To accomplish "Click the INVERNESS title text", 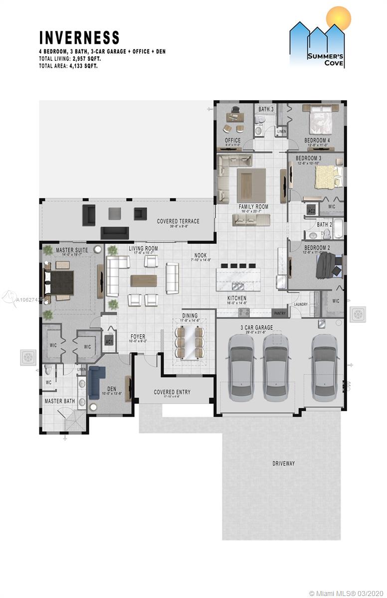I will pyautogui.click(x=79, y=38).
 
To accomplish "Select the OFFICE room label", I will pyautogui.click(x=232, y=141).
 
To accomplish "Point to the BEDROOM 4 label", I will pyautogui.click(x=317, y=141).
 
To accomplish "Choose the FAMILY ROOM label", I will pyautogui.click(x=253, y=206).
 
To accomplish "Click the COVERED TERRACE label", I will pyautogui.click(x=178, y=221).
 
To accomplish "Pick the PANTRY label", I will pyautogui.click(x=279, y=313).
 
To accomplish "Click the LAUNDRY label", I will pyautogui.click(x=301, y=304).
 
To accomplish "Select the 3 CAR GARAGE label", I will pyautogui.click(x=256, y=328).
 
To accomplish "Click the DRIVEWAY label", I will pyautogui.click(x=283, y=463).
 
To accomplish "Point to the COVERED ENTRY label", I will pyautogui.click(x=172, y=392).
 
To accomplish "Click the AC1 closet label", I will pyautogui.click(x=109, y=342).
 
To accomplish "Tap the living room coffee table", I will pyautogui.click(x=144, y=281).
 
